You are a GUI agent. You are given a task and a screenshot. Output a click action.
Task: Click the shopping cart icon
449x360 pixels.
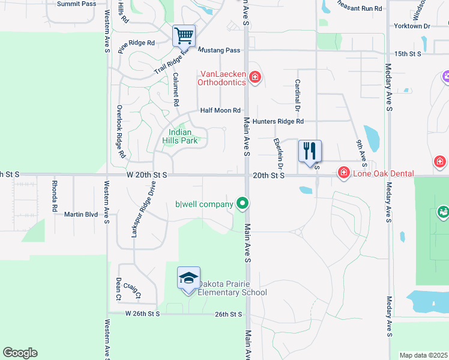pos(184,35)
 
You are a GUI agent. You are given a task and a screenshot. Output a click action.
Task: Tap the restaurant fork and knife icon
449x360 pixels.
pos(310,151)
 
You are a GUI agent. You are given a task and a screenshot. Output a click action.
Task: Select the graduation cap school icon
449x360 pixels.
pos(188,278)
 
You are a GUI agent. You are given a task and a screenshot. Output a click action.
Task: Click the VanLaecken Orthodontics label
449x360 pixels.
pos(222,78)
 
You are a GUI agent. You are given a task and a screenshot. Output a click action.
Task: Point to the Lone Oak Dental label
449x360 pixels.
pos(383,173)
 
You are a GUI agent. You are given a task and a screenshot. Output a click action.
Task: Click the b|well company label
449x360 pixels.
pos(203,205)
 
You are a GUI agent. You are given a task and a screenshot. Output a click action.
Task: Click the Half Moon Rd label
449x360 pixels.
pos(220,110)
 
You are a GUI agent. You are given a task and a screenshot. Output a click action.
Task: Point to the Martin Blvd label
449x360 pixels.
pos(81,214)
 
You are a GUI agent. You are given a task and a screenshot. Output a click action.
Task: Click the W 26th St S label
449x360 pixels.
pos(143,314)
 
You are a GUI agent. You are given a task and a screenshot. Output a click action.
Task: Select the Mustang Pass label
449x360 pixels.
pos(218,50)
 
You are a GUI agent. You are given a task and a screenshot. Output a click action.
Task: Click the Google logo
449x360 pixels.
pos(20,353)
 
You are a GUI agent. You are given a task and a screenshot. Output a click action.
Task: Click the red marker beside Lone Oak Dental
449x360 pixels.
pos(344,173)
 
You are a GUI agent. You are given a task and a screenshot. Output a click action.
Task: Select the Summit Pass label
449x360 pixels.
pos(76,4)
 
